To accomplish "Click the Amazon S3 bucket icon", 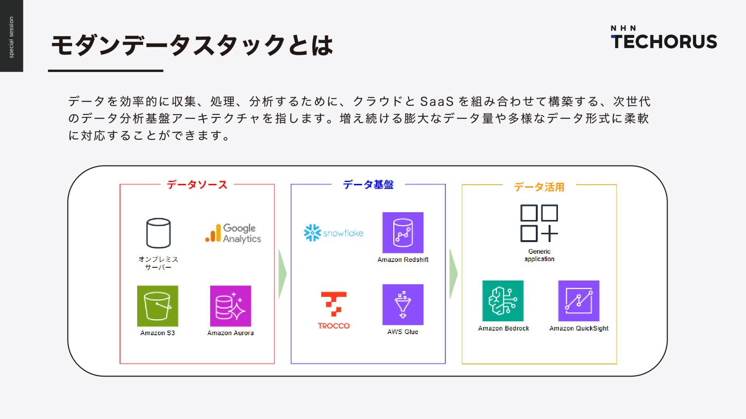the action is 157,306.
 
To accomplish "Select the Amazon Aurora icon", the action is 230,306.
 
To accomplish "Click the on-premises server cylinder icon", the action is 158,233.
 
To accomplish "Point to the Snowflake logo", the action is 333,233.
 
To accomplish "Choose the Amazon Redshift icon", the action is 403,233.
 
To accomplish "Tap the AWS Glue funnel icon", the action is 403,305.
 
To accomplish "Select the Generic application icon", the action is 539,223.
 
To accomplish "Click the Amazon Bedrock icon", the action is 503,301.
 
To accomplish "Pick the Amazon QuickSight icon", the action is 579,301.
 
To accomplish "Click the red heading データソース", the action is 197,185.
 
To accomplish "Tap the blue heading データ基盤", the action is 368,185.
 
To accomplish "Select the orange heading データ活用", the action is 539,187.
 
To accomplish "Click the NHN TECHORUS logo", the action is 664,38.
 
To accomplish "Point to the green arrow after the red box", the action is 282,274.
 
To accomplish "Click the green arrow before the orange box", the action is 453,274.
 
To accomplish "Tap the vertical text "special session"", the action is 11,37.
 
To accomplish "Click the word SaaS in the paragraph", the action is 437,102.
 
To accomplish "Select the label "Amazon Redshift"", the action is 403,260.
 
